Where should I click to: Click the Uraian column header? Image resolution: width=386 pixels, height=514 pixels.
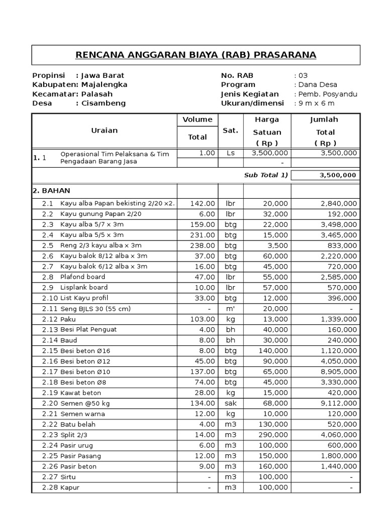coord(104,131)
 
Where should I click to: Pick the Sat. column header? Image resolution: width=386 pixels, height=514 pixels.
coord(230,131)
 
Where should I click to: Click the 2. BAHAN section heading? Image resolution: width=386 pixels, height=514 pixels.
coord(52,191)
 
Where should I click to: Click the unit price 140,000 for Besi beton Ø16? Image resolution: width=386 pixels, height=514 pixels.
coord(274,350)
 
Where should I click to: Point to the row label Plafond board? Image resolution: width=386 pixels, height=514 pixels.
coord(83,277)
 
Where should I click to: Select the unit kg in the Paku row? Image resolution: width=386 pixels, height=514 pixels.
coord(230,319)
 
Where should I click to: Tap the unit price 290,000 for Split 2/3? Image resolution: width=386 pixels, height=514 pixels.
coord(274,435)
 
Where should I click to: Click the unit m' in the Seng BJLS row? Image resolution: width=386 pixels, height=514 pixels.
coord(230,308)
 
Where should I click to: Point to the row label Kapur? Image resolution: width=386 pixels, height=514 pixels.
coord(70,487)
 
